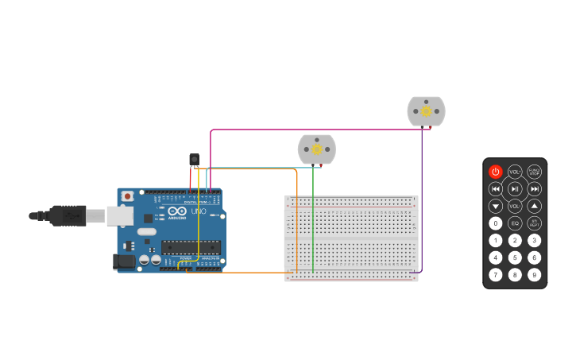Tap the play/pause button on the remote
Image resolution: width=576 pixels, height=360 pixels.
(515, 189)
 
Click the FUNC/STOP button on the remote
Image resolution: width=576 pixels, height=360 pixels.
(535, 172)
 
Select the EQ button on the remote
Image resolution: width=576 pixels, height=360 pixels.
(515, 223)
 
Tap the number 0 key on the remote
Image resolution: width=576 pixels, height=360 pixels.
(495, 223)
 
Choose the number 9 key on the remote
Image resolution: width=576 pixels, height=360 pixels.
(535, 275)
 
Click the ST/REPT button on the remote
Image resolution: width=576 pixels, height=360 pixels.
(535, 223)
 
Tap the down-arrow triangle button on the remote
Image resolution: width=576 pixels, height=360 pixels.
(495, 206)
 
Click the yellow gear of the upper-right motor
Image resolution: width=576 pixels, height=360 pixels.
(427, 111)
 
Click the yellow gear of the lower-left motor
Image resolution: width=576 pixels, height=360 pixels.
(317, 149)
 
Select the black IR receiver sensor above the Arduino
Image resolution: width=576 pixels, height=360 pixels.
(194, 160)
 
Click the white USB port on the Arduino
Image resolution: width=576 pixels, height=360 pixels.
(120, 215)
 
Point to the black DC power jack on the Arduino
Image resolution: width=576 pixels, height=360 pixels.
(123, 261)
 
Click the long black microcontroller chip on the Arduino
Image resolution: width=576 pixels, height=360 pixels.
(191, 247)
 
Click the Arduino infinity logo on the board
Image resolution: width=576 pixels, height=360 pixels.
(176, 211)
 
